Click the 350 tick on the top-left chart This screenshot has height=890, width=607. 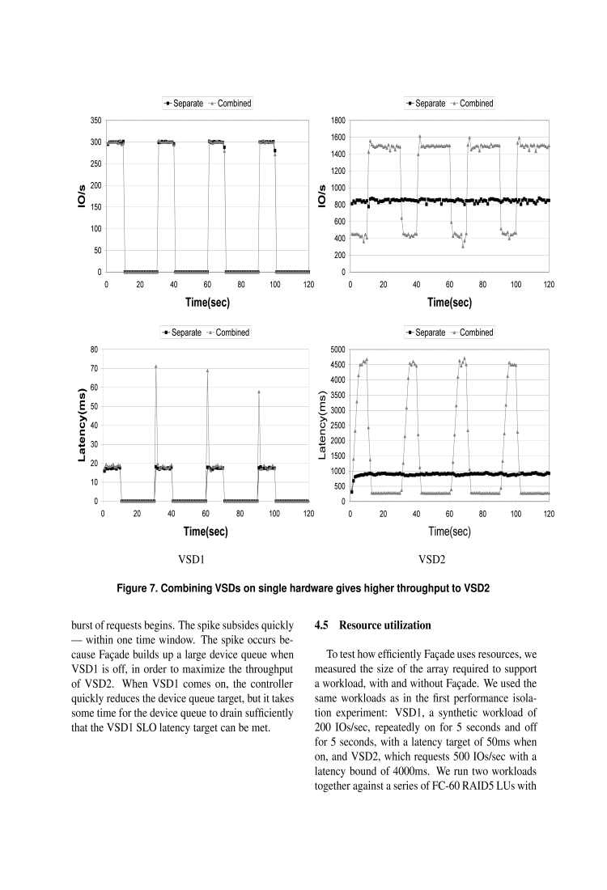(95, 121)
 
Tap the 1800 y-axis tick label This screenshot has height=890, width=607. (337, 121)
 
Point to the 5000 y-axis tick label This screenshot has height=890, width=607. (337, 350)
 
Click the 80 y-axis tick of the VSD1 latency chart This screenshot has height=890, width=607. (93, 350)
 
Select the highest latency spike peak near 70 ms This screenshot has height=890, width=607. (156, 367)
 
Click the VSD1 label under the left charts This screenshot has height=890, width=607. (191, 559)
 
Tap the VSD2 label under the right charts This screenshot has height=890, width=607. (432, 559)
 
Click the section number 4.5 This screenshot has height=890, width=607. (321, 625)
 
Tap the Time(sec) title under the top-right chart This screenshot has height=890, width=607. (449, 302)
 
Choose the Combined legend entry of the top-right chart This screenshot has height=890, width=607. (473, 104)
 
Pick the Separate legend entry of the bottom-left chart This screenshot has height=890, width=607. (183, 333)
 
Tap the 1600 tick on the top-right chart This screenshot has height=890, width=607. (337, 138)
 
